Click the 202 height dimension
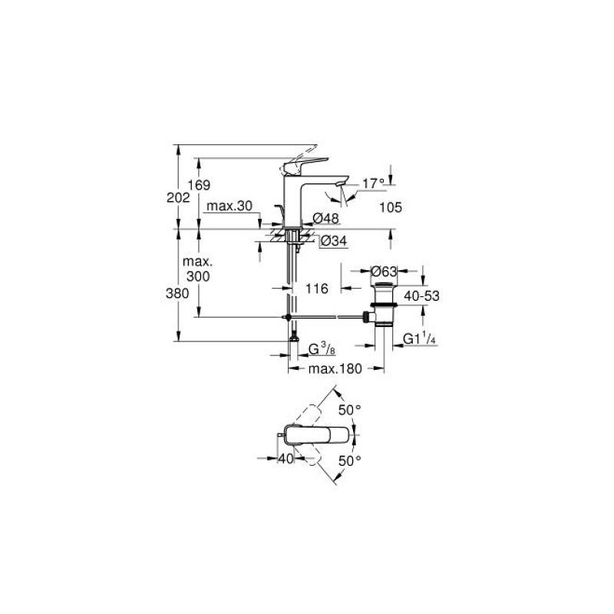178,198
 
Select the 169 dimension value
199,185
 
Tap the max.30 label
229,206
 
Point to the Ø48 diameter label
325,218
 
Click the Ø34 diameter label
334,241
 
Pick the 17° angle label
373,183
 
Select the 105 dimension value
391,207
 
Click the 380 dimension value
177,293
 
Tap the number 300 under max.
198,276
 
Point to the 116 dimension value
316,289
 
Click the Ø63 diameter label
384,271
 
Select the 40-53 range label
421,296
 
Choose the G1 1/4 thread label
419,338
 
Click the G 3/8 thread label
322,349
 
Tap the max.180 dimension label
335,368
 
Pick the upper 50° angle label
350,410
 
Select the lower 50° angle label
350,460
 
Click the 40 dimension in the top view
286,458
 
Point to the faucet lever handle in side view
304,166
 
